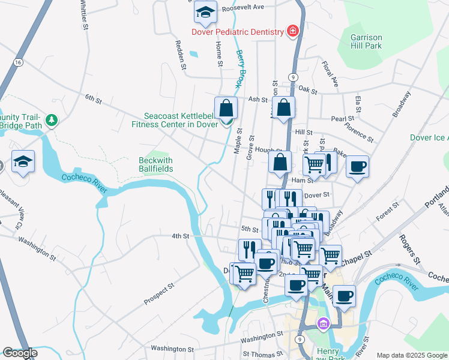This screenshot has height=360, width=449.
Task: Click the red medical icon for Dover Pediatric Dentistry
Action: (x=293, y=31)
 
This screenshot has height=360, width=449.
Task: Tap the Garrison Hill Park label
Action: (x=366, y=41)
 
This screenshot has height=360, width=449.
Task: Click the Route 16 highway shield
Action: (x=19, y=62)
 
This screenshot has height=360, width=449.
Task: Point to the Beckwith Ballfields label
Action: (x=156, y=164)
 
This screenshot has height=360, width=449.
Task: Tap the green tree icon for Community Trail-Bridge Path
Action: (x=52, y=121)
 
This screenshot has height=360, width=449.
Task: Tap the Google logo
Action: (x=20, y=353)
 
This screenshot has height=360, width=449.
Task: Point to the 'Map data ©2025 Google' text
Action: (x=412, y=355)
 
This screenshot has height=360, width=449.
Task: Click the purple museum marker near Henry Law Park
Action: (x=324, y=324)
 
